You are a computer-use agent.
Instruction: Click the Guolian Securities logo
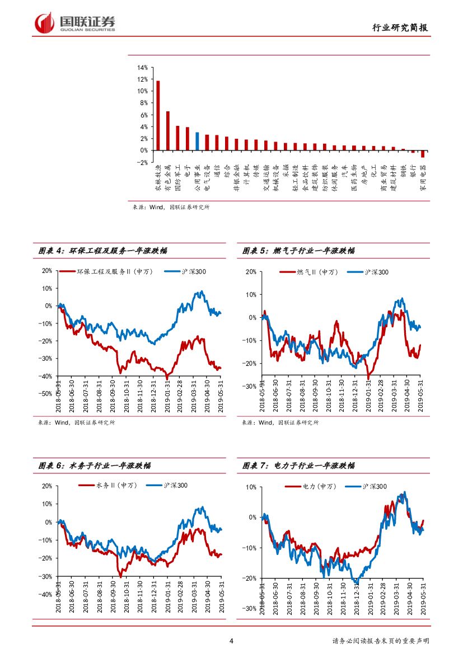coord(75,23)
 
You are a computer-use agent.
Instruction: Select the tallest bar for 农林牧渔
coord(158,115)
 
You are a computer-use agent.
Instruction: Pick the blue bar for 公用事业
coord(197,141)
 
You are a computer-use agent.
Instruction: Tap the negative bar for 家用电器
coord(423,154)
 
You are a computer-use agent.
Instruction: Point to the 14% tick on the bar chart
coord(142,68)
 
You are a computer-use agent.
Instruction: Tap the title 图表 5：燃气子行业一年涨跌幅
coord(298,251)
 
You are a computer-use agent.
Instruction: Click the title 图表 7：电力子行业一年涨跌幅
coord(298,465)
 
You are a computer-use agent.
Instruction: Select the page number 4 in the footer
coord(231,641)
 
